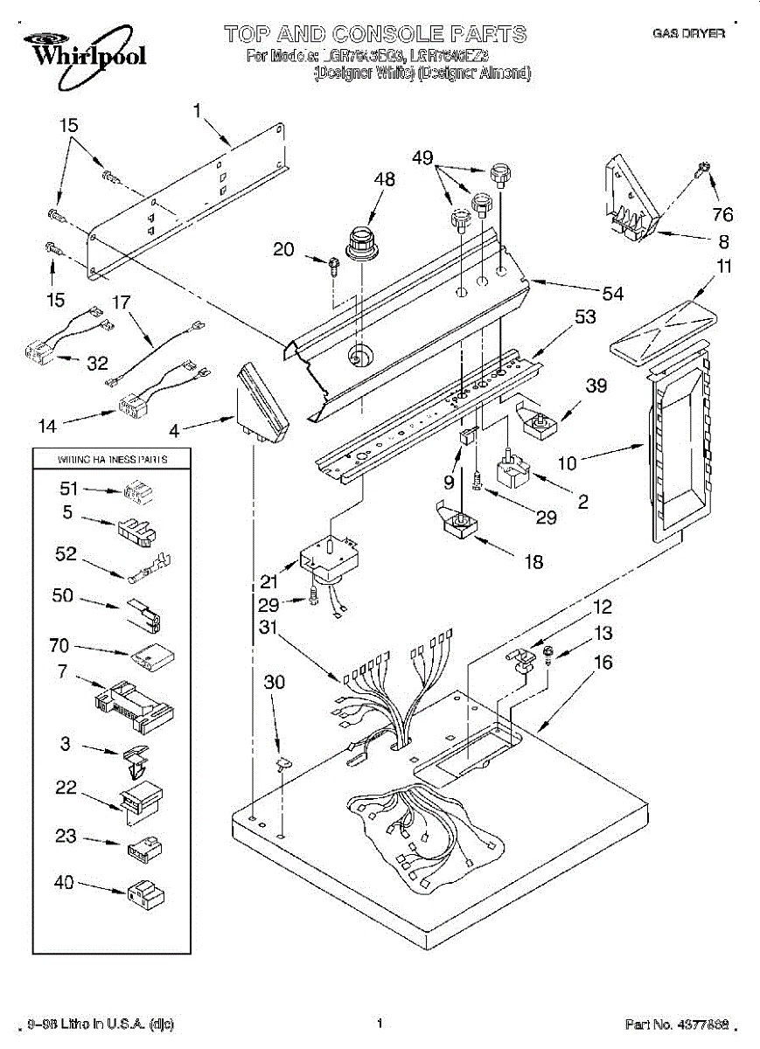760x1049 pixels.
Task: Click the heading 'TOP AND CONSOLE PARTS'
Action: tap(375, 35)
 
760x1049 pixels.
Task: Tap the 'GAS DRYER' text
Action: tap(689, 34)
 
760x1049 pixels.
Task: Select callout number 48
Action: tap(384, 180)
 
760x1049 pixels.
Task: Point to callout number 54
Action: tap(612, 294)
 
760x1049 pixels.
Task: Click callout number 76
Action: tap(722, 214)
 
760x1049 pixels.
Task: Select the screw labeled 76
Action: tap(701, 168)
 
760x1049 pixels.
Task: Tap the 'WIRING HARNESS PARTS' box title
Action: tap(112, 458)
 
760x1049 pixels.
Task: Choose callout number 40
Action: tap(63, 882)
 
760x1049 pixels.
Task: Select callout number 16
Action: tap(603, 663)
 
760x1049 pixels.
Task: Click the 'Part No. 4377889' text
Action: tap(675, 1024)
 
